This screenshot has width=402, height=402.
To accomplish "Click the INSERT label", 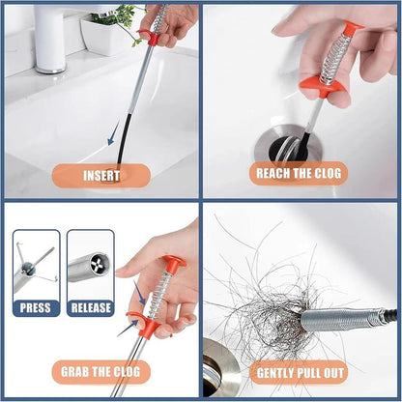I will point(100,176).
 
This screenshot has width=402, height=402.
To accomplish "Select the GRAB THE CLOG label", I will point(100,372).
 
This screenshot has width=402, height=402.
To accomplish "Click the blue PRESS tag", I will point(36,307).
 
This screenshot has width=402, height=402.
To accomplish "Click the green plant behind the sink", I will point(121,16).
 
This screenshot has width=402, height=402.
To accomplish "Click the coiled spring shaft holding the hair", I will point(338,318).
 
